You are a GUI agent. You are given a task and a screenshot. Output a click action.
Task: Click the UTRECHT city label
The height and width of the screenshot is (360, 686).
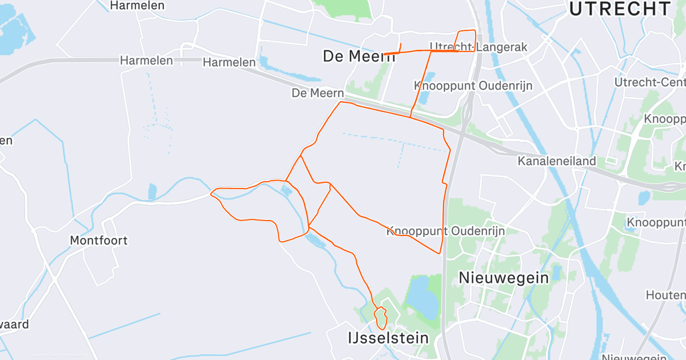[620, 9]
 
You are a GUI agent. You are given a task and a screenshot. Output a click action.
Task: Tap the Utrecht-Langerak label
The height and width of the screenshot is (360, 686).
[478, 47]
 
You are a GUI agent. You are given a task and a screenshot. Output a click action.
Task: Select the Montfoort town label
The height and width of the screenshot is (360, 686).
[99, 240]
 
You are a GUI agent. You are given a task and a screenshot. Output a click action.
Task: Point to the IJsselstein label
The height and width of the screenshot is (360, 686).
[388, 338]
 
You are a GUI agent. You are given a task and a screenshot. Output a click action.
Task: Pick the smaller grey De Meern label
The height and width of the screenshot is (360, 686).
[318, 93]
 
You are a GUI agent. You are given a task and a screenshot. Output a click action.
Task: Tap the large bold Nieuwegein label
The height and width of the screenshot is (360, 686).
[504, 278]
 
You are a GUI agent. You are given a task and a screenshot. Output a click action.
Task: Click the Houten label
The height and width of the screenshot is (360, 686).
[665, 295]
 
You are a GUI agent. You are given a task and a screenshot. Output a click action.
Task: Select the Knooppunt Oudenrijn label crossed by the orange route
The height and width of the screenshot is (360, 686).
[439, 231]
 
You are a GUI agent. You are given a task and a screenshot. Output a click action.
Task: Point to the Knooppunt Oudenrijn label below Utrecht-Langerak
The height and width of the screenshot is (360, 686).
[473, 86]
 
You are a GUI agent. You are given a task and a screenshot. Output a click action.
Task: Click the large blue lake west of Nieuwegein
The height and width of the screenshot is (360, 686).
[423, 296]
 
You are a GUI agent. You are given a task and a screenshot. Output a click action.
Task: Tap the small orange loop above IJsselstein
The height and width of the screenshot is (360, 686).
[380, 318]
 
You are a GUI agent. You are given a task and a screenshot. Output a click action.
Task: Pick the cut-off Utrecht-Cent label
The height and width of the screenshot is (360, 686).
[649, 82]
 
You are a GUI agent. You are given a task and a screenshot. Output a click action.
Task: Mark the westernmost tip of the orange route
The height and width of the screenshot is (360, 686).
[212, 194]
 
